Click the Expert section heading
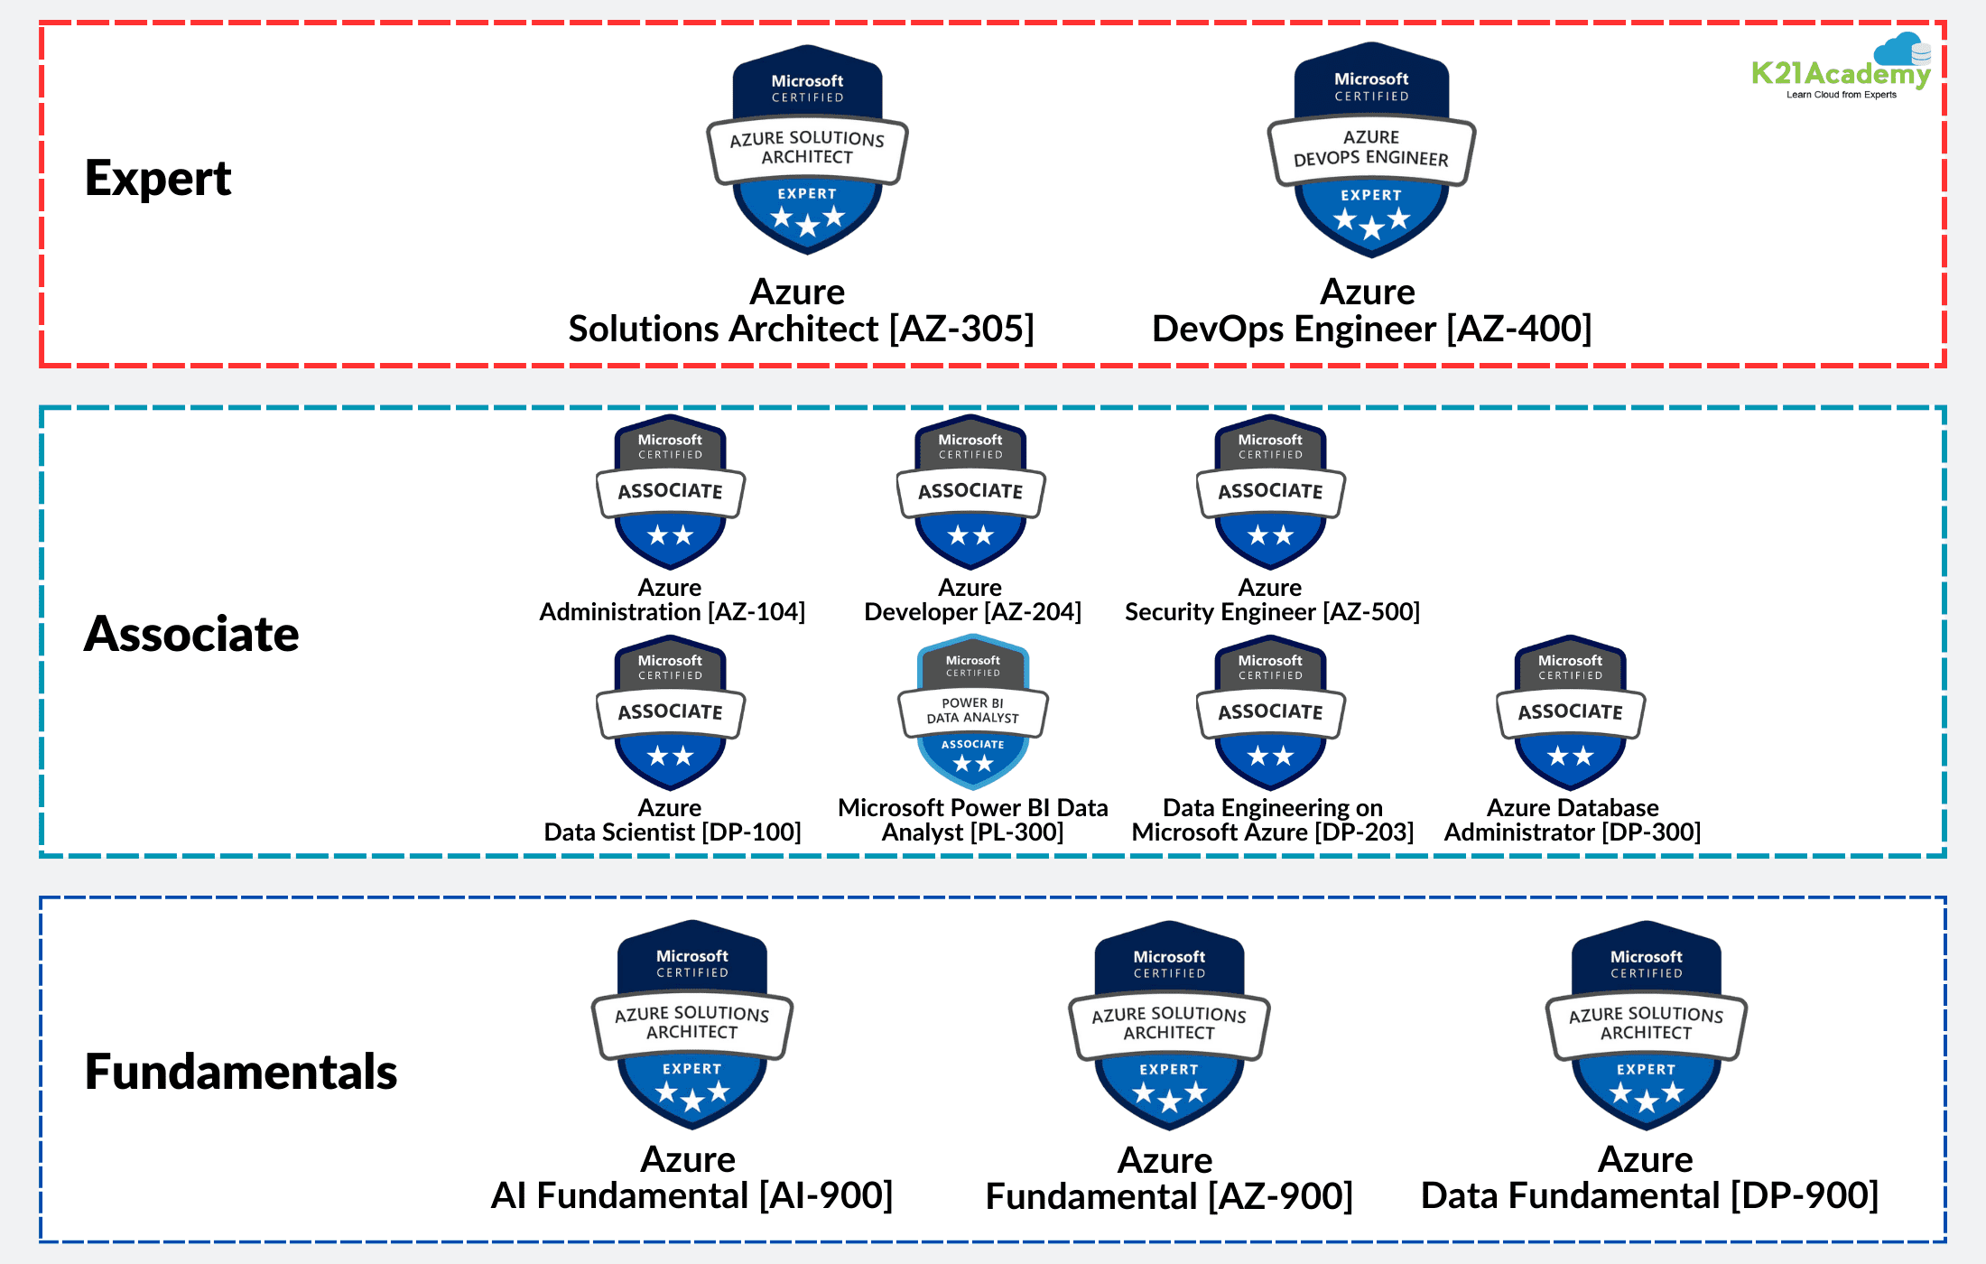[x=158, y=178]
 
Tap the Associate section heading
[x=191, y=634]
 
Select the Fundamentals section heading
[x=241, y=1072]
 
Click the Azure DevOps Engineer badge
[x=1371, y=150]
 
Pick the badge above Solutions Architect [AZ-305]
[x=807, y=150]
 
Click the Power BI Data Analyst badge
[x=972, y=711]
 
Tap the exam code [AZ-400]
[x=1519, y=330]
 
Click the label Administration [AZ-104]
[x=672, y=612]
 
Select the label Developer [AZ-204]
[x=972, y=612]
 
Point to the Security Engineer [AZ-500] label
[x=1272, y=612]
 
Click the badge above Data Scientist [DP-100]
[x=670, y=713]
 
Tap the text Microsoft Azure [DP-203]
[x=1272, y=832]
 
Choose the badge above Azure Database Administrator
[x=1571, y=713]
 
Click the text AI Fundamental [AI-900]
[x=691, y=1195]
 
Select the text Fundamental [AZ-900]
[x=1169, y=1196]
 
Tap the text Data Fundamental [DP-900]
[x=1649, y=1195]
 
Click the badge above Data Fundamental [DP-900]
[x=1646, y=1026]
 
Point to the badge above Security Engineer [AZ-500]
[x=1270, y=492]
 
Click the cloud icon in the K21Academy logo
[x=1901, y=49]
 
